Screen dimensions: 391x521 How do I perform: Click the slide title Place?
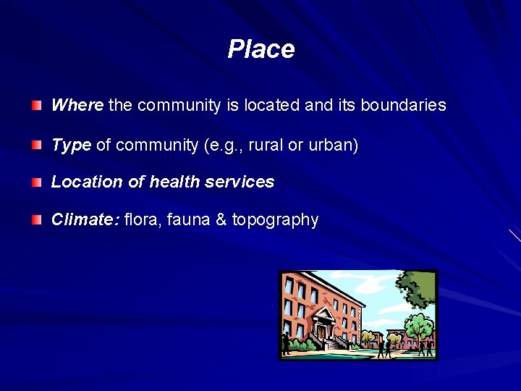pyautogui.click(x=260, y=49)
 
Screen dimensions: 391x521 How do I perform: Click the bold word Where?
pyautogui.click(x=77, y=105)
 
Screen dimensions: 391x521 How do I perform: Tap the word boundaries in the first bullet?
pyautogui.click(x=403, y=105)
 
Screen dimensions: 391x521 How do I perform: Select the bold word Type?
pyautogui.click(x=71, y=145)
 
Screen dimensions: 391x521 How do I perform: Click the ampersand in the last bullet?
pyautogui.click(x=221, y=219)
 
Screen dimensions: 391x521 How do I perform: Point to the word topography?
pyautogui.click(x=275, y=219)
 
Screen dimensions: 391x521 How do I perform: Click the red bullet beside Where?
pyautogui.click(x=37, y=106)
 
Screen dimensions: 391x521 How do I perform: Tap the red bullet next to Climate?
pyautogui.click(x=37, y=219)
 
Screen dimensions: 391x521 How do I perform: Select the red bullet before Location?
pyautogui.click(x=37, y=182)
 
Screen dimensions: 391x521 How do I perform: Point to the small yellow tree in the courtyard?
pyautogui.click(x=373, y=337)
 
